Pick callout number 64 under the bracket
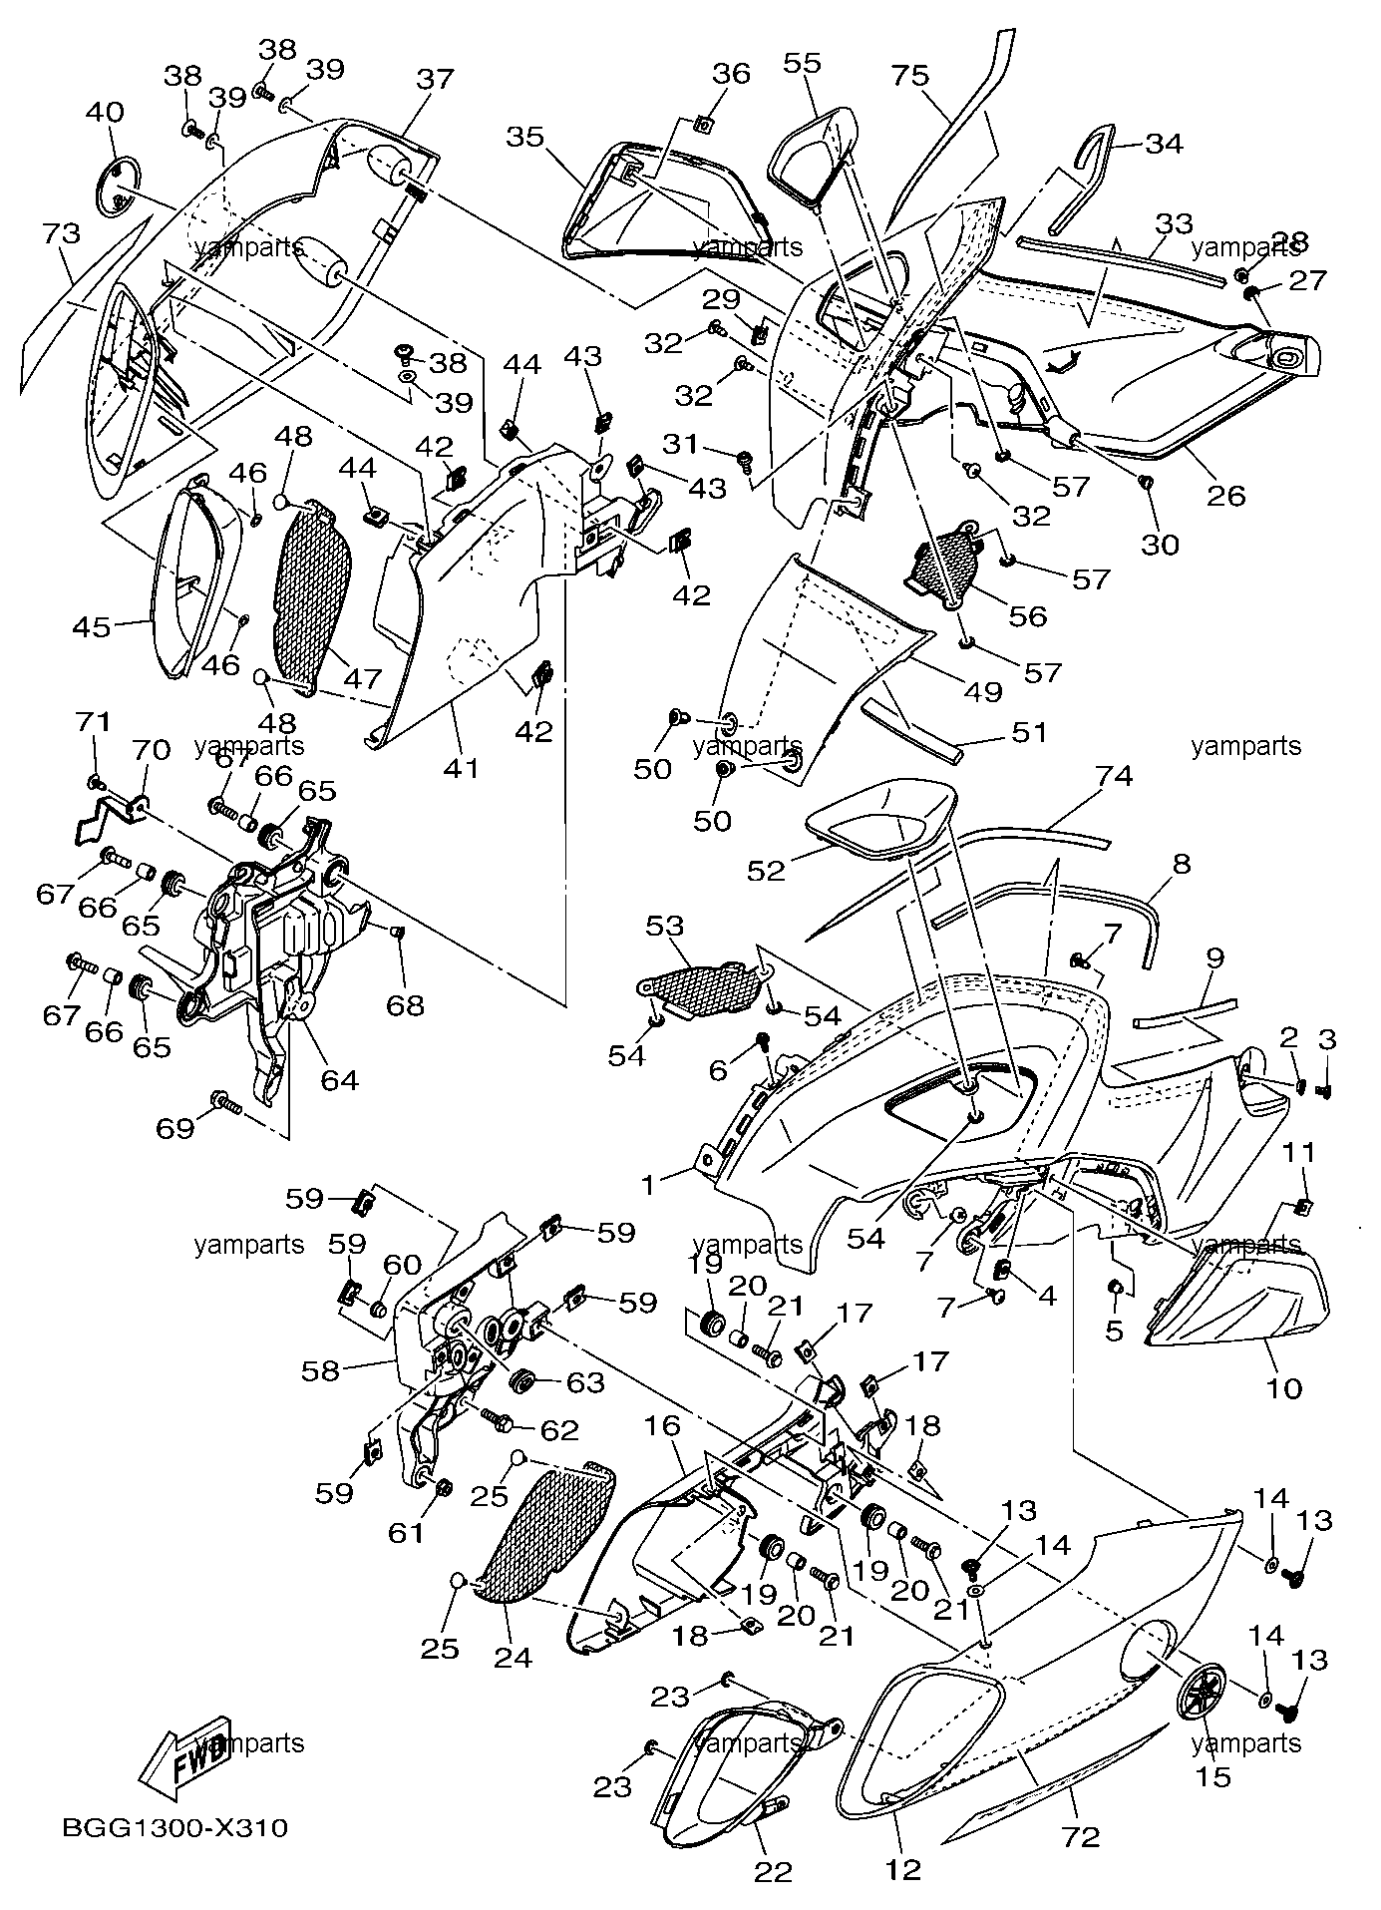(339, 1079)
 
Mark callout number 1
(649, 1184)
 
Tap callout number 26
(1226, 494)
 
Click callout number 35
(525, 136)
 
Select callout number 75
(910, 75)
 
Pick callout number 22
(773, 1871)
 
